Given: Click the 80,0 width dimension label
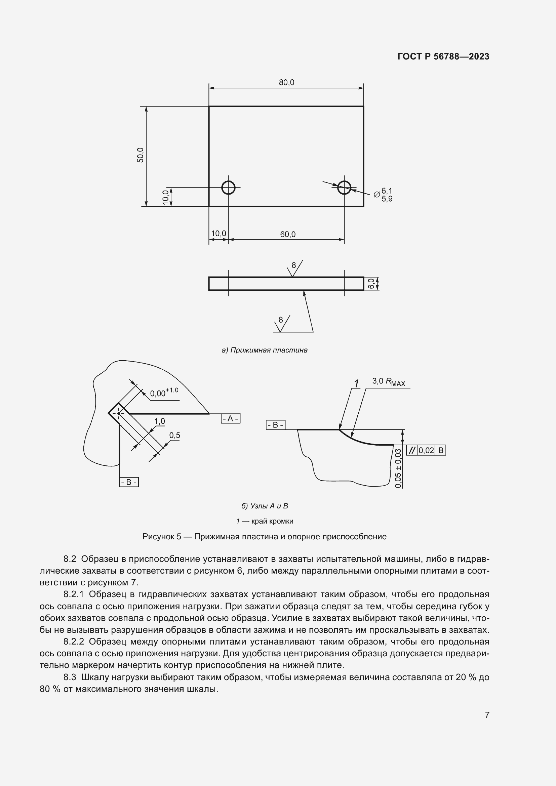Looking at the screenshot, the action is pyautogui.click(x=286, y=83).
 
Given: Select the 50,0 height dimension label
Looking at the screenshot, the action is pyautogui.click(x=141, y=155).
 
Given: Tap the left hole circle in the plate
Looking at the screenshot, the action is pyautogui.click(x=228, y=188).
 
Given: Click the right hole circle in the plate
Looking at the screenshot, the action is pyautogui.click(x=344, y=188).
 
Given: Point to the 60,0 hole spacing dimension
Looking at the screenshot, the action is pyautogui.click(x=288, y=235).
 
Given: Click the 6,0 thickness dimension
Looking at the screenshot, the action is pyautogui.click(x=371, y=284).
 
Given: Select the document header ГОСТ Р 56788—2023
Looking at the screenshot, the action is pyautogui.click(x=443, y=56).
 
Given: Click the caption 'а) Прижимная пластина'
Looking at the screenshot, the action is pyautogui.click(x=265, y=350).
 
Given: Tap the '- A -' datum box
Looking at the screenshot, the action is pyautogui.click(x=230, y=418).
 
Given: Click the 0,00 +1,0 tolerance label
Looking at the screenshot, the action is pyautogui.click(x=164, y=392).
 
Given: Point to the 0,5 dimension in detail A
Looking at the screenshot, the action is pyautogui.click(x=174, y=436).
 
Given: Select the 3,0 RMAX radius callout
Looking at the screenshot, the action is pyautogui.click(x=389, y=382).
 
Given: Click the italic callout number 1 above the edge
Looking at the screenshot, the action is pyautogui.click(x=356, y=383).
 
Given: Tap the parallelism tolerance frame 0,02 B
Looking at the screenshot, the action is pyautogui.click(x=426, y=451).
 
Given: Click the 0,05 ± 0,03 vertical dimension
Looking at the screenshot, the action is pyautogui.click(x=398, y=468).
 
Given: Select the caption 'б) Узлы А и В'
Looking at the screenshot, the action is pyautogui.click(x=265, y=506).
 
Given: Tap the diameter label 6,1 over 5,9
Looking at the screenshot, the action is pyautogui.click(x=387, y=195).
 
